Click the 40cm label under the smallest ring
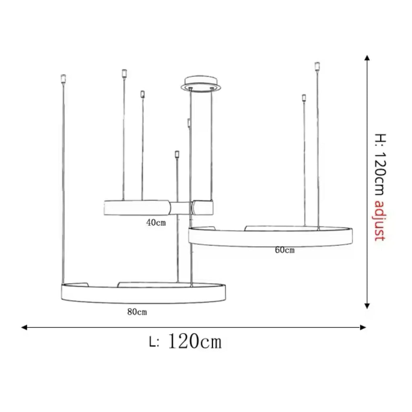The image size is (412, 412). pyautogui.click(x=156, y=222)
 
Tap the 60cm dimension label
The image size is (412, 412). pyautogui.click(x=284, y=250)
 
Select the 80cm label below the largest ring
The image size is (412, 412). pyautogui.click(x=137, y=312)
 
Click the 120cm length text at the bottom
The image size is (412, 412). pyautogui.click(x=194, y=342)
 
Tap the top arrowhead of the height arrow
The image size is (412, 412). pyautogui.click(x=367, y=58)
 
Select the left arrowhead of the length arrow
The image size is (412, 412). pyautogui.click(x=24, y=328)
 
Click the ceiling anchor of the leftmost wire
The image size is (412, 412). pyautogui.click(x=63, y=78)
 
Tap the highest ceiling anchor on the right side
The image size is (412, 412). pyautogui.click(x=317, y=66)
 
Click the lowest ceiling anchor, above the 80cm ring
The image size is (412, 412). pyautogui.click(x=176, y=154)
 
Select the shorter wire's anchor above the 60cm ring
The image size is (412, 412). pyautogui.click(x=304, y=98)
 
